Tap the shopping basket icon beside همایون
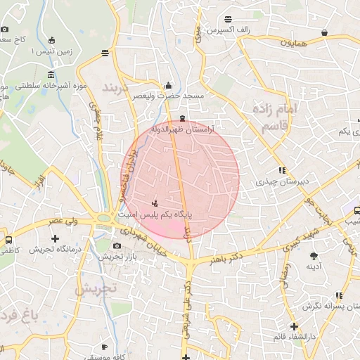(324, 32)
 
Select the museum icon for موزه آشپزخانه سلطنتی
(51, 75)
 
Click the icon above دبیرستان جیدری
(282, 170)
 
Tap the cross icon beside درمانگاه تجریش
(55, 238)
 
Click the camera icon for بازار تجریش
(117, 245)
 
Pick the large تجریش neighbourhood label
(99, 289)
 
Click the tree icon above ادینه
(313, 255)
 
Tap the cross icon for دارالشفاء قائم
(294, 326)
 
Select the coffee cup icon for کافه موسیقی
(104, 347)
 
